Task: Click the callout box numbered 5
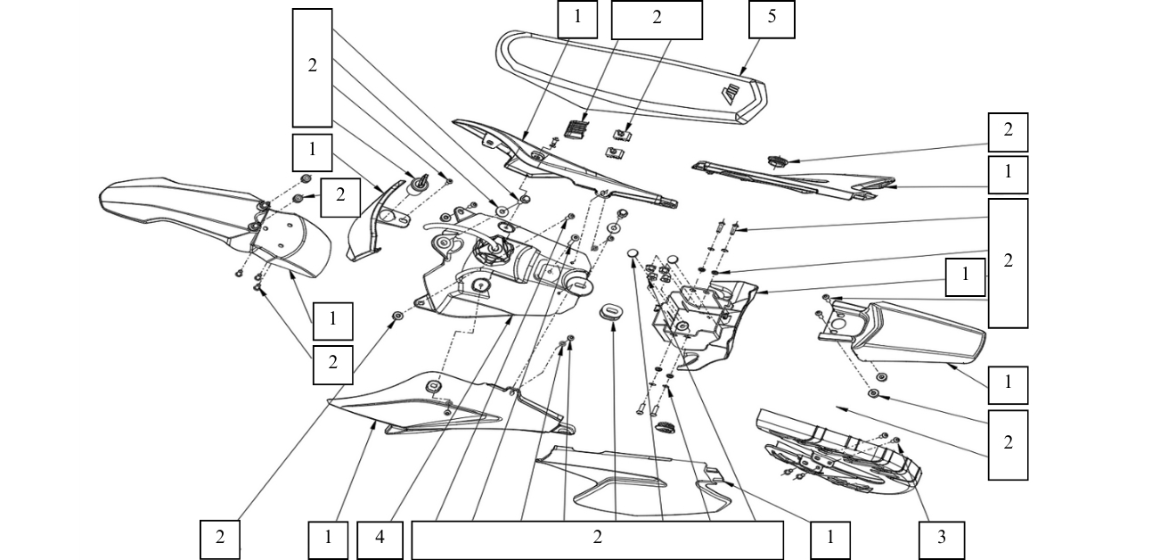pyautogui.click(x=772, y=20)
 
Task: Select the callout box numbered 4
pyautogui.click(x=380, y=539)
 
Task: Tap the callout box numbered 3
pyautogui.click(x=941, y=539)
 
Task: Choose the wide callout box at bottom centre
pyautogui.click(x=597, y=539)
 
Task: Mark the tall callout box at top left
pyautogui.click(x=312, y=67)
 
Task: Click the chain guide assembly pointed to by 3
pyautogui.click(x=837, y=450)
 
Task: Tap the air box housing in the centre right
pyautogui.click(x=704, y=321)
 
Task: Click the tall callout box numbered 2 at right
pyautogui.click(x=1008, y=262)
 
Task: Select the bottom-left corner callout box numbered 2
pyautogui.click(x=219, y=539)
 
